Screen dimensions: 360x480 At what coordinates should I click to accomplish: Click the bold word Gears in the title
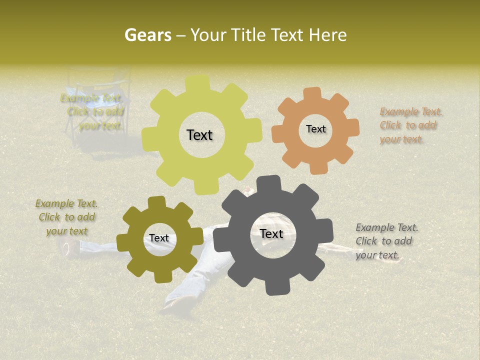pyautogui.click(x=146, y=35)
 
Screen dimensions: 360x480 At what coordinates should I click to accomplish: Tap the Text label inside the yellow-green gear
pyautogui.click(x=199, y=135)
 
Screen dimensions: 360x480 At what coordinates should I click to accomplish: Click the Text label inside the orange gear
pyautogui.click(x=315, y=129)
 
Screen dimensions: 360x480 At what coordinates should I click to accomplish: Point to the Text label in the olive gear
pyautogui.click(x=159, y=238)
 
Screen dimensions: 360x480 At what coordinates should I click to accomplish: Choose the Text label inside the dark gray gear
pyautogui.click(x=271, y=234)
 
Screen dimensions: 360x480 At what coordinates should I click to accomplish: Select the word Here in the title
pyautogui.click(x=328, y=35)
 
